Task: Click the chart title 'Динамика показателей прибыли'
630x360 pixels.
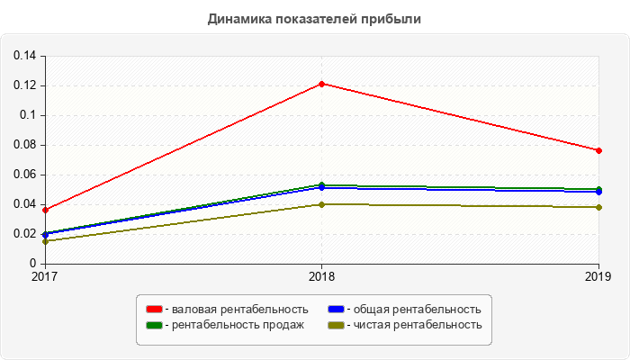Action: click(x=315, y=19)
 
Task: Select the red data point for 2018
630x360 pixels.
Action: click(x=321, y=84)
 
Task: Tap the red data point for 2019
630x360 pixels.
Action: click(x=598, y=150)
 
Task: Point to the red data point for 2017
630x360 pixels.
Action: click(x=44, y=210)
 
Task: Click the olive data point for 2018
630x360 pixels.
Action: click(x=321, y=204)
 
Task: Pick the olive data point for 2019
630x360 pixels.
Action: click(x=598, y=207)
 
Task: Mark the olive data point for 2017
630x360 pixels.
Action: click(x=44, y=241)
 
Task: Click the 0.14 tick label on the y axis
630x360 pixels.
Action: click(x=24, y=56)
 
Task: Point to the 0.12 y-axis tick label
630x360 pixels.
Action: click(x=24, y=85)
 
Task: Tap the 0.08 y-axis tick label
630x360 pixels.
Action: click(x=24, y=145)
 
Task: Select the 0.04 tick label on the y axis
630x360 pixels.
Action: click(x=24, y=204)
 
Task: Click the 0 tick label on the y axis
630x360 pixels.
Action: click(x=32, y=264)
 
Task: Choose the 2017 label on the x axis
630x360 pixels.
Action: click(x=44, y=276)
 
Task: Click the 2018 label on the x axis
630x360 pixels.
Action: click(x=321, y=276)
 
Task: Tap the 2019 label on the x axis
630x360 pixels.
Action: click(x=598, y=276)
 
